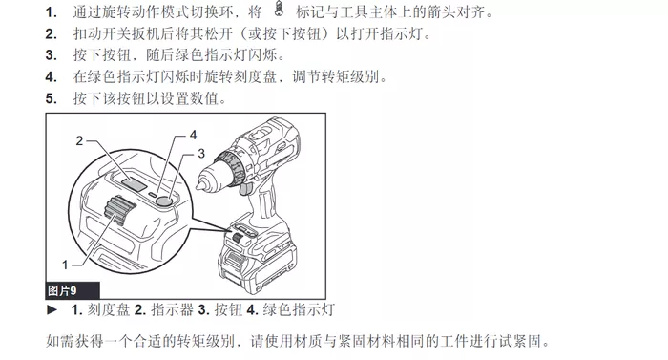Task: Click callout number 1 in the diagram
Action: (65, 265)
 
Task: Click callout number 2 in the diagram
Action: (79, 140)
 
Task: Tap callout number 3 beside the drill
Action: (201, 153)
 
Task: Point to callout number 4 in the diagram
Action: (193, 135)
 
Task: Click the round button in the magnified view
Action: (164, 201)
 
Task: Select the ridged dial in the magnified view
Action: (120, 210)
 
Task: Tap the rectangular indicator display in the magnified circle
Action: (134, 183)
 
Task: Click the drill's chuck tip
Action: (198, 185)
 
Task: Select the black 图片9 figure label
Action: (73, 290)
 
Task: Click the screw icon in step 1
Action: (279, 9)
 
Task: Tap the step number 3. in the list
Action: (52, 55)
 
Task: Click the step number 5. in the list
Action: (52, 99)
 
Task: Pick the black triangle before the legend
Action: (52, 309)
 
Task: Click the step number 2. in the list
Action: (52, 33)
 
